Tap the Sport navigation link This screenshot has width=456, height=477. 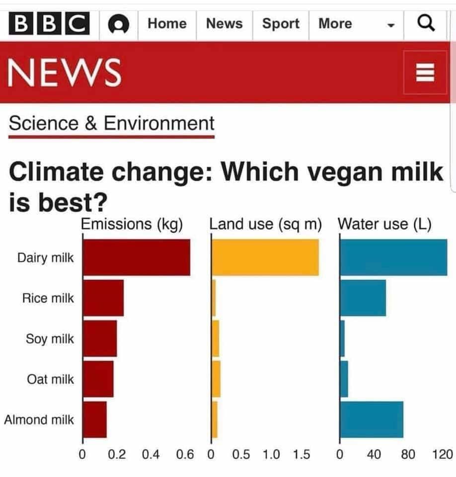tap(281, 24)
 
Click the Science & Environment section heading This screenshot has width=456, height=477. tap(112, 124)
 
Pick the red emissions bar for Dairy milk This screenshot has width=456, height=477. tap(136, 257)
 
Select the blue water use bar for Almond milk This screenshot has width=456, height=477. tap(372, 419)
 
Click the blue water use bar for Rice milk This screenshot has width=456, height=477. tap(363, 298)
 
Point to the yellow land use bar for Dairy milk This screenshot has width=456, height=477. tap(266, 257)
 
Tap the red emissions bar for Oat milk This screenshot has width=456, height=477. tap(98, 379)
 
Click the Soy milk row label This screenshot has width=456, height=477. tap(50, 339)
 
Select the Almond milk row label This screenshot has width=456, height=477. tap(39, 419)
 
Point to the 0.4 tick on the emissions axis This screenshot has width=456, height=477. tap(151, 454)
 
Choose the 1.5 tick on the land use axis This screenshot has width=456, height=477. tap(301, 454)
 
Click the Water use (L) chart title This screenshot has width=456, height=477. tap(384, 224)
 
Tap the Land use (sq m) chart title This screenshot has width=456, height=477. tap(265, 224)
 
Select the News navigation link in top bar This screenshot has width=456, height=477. tap(224, 24)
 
